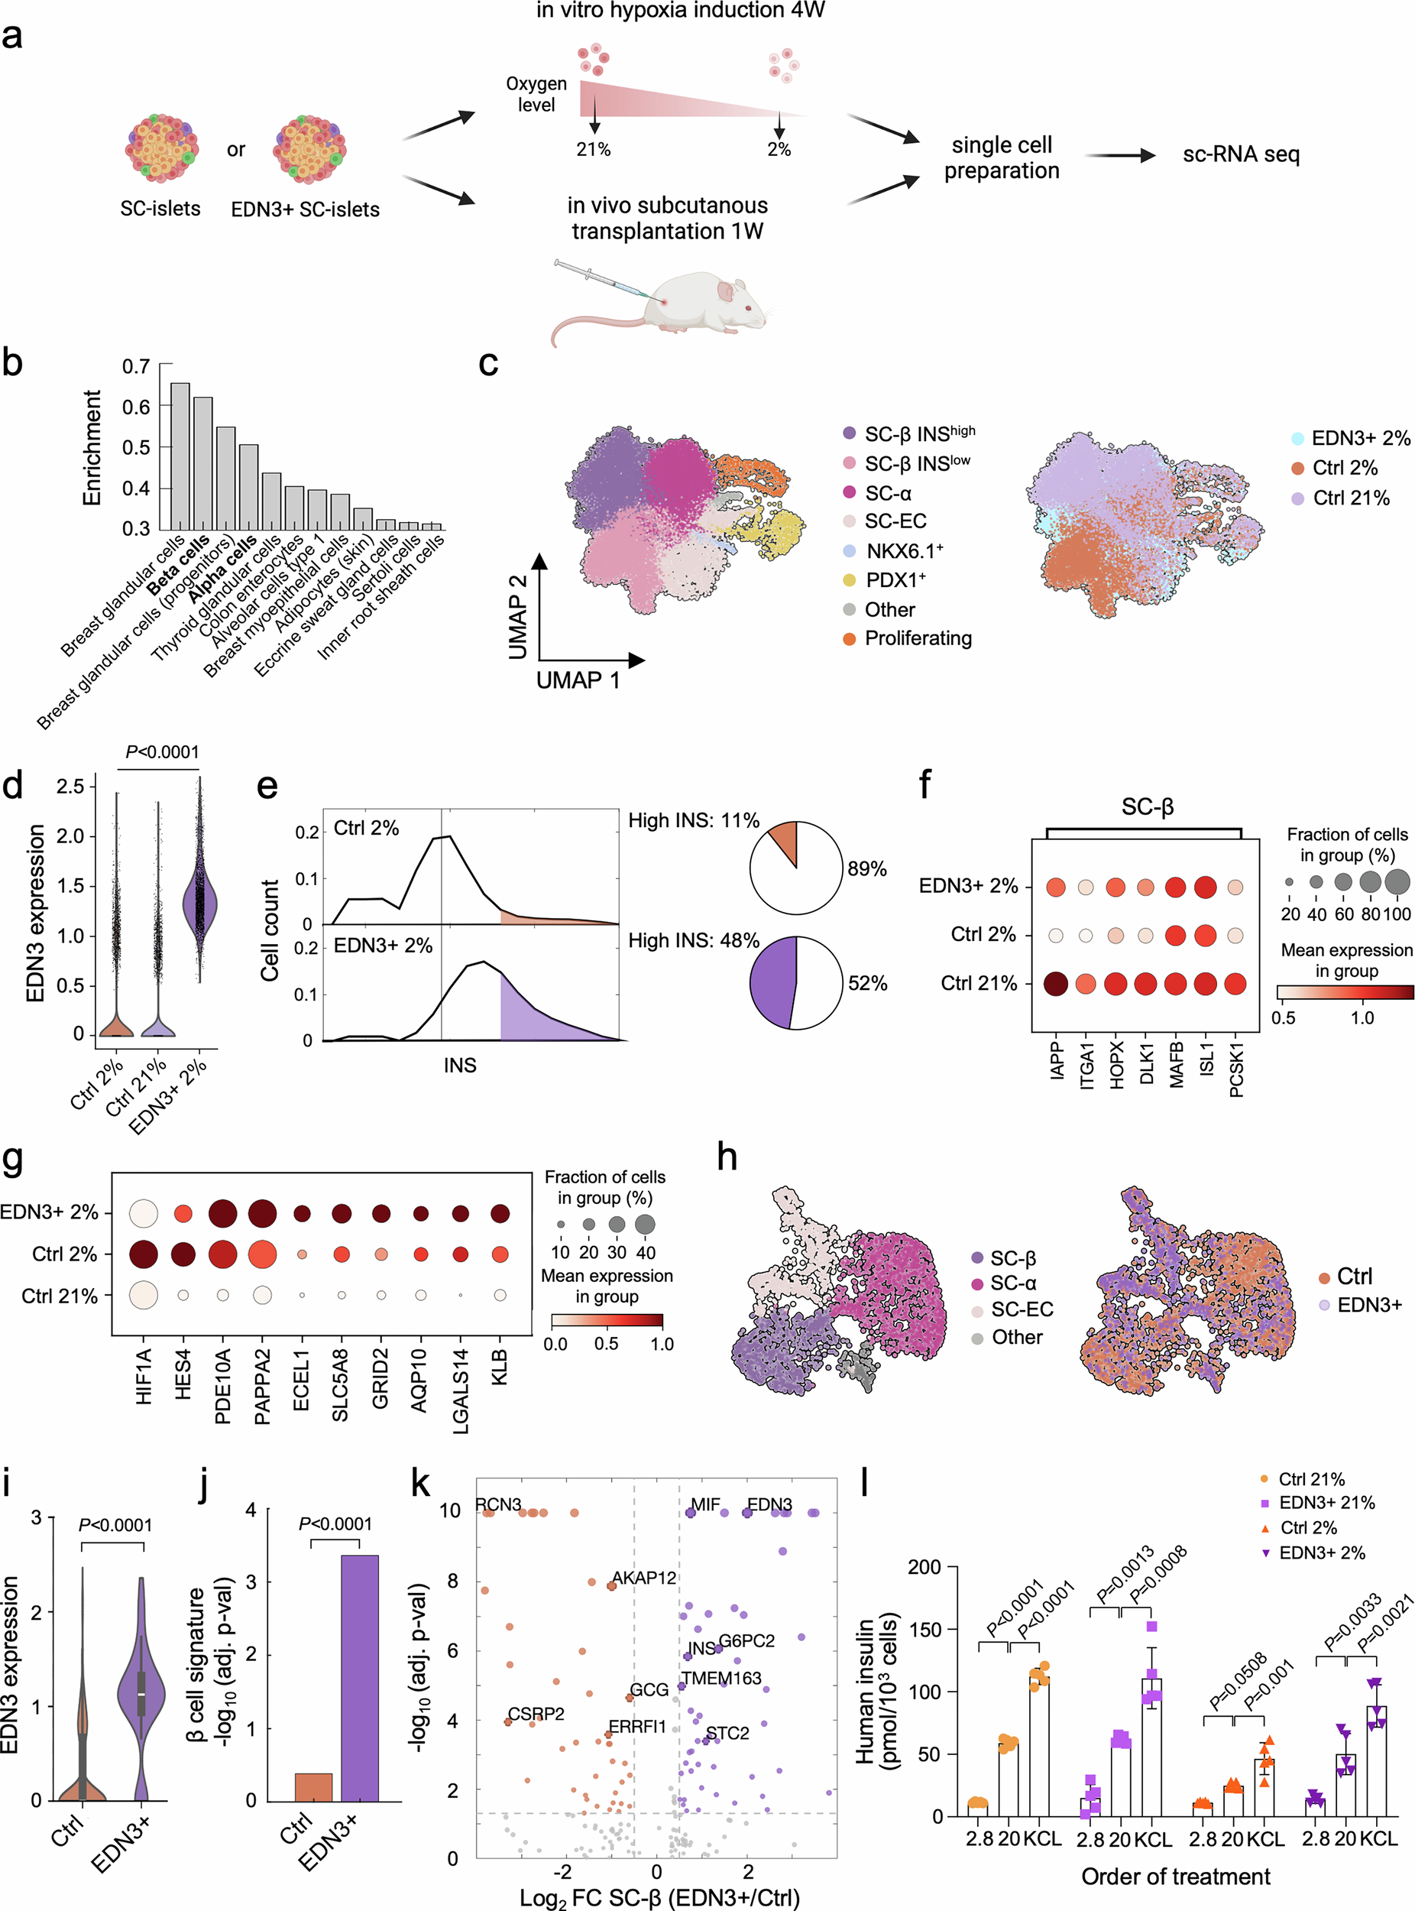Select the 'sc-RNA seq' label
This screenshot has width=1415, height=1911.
click(1240, 155)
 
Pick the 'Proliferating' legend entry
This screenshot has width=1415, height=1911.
click(918, 638)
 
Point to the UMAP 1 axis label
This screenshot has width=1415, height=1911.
click(578, 680)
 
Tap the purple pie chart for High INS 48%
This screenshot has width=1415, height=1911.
click(773, 983)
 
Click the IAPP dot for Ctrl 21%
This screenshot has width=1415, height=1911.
click(1056, 984)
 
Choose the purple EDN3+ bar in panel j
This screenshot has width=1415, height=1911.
click(360, 1678)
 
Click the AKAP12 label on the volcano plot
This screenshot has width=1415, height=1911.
click(644, 1578)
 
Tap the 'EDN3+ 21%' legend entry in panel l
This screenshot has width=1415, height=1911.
click(1326, 1503)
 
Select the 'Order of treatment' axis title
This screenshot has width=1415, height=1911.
click(1175, 1877)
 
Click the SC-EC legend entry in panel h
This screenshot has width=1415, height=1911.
click(1021, 1309)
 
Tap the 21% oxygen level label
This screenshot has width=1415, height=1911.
click(593, 150)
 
